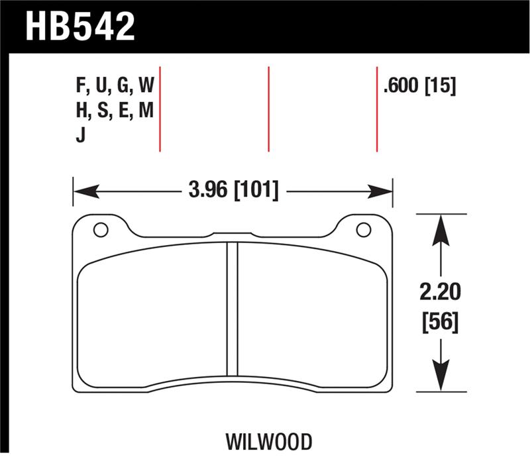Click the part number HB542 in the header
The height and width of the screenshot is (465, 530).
tap(80, 26)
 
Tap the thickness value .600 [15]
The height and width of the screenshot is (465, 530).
tap(419, 85)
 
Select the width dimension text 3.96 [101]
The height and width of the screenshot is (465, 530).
tap(233, 191)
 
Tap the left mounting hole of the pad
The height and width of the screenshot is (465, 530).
tap(100, 230)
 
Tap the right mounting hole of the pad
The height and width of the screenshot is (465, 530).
tap(363, 230)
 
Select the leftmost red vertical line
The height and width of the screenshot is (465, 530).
tap(161, 109)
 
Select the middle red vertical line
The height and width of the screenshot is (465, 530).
tap(269, 109)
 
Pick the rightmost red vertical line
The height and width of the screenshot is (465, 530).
tap(377, 109)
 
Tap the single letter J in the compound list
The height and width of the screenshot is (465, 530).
tap(80, 136)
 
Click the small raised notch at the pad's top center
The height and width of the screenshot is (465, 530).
tap(232, 233)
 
